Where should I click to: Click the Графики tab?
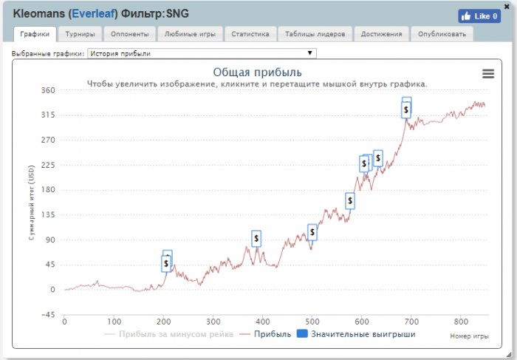tap(35, 34)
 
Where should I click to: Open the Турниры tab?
tap(79, 34)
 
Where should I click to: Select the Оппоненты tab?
tap(130, 34)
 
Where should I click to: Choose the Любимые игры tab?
tap(190, 34)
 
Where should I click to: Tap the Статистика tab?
tap(250, 34)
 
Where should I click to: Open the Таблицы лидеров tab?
tap(316, 34)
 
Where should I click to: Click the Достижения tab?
tap(382, 34)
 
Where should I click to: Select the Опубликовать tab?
tap(442, 34)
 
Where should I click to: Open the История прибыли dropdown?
tap(202, 53)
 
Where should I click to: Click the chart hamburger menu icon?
tap(487, 73)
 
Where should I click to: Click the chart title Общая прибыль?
tap(257, 72)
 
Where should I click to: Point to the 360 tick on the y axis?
tap(48, 90)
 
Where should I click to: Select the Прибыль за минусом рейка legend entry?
tap(169, 335)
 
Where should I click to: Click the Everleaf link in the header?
tap(92, 13)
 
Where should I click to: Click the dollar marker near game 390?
tap(256, 238)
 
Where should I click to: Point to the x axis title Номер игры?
tap(469, 336)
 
